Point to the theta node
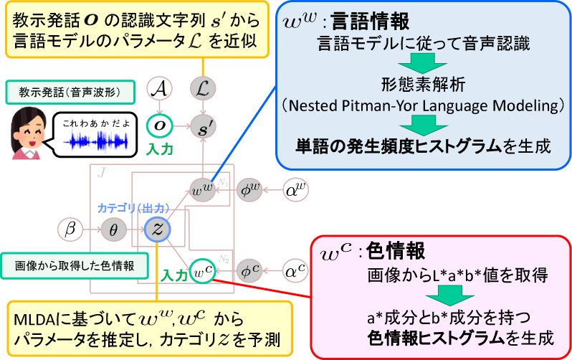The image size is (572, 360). point(113,229)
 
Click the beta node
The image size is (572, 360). point(70,229)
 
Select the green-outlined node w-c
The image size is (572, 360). point(203,271)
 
